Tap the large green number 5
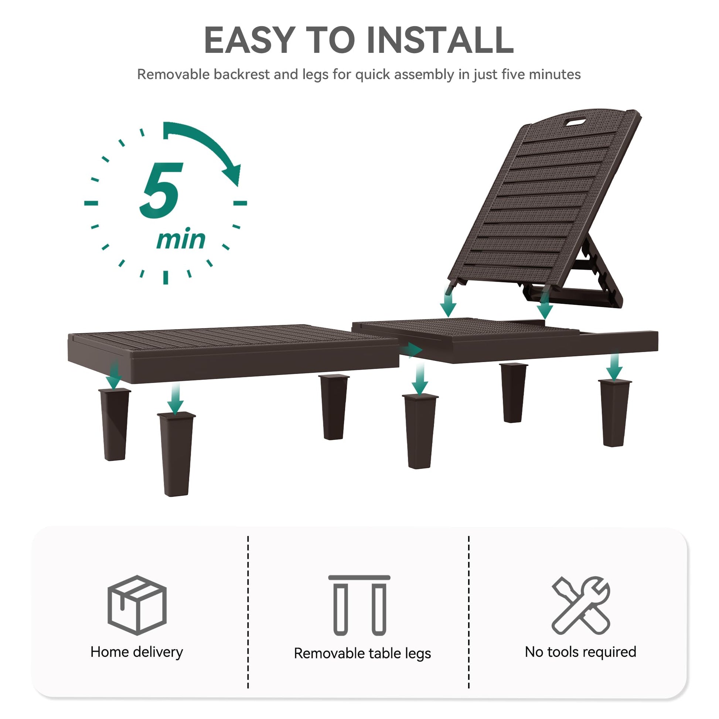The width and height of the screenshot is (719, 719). [x=161, y=190]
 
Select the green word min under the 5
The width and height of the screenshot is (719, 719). [x=181, y=239]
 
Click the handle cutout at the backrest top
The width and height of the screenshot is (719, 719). [x=575, y=122]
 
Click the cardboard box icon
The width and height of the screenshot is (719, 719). [x=137, y=604]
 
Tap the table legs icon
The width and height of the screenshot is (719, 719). [x=359, y=605]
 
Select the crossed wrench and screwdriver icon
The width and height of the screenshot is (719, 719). [x=580, y=605]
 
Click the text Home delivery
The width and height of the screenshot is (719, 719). [x=137, y=652]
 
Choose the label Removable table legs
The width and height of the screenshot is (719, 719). [x=362, y=654]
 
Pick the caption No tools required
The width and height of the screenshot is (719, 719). [x=580, y=652]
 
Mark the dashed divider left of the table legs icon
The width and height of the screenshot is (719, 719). [x=248, y=612]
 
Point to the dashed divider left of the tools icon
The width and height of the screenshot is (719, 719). [x=469, y=612]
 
